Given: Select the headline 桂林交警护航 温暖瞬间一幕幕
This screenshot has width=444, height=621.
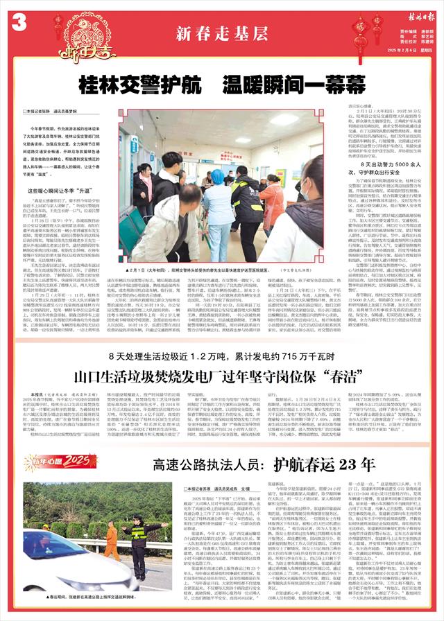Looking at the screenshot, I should pos(222,85).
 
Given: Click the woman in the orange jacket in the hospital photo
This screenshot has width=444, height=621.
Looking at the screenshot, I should pos(272,201).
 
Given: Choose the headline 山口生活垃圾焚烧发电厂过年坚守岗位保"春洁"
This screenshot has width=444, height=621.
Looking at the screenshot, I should pos(222,380).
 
